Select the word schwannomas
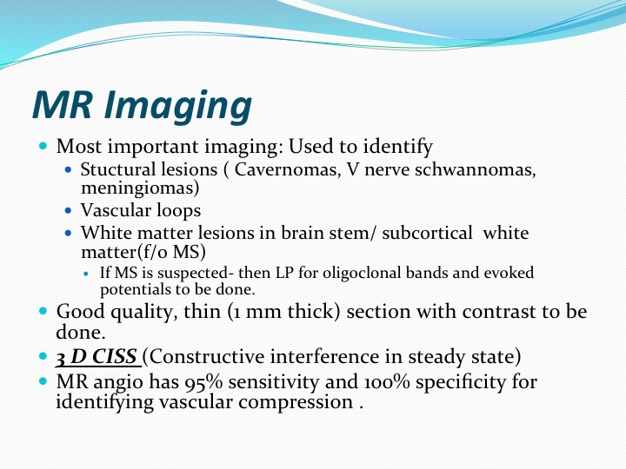coord(475,169)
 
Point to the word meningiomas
coord(140,188)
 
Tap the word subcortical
coord(427,233)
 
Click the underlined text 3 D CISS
coord(97,357)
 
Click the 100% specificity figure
coord(387,382)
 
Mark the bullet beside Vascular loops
coord(69,210)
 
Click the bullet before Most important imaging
coord(43,146)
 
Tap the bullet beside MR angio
coord(43,381)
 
